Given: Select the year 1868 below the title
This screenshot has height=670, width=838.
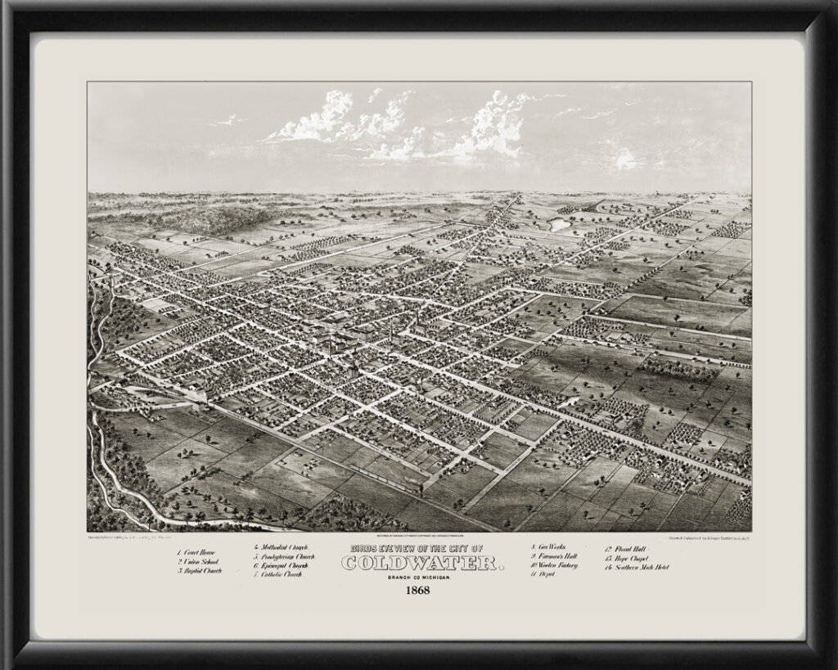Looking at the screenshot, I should (418, 591).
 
